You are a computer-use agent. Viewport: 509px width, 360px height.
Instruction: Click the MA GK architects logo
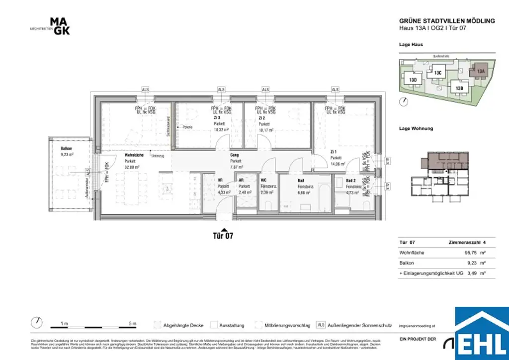59,26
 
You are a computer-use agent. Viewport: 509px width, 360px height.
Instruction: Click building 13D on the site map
413,80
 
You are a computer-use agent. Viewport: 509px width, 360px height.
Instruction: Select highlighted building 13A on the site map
480,71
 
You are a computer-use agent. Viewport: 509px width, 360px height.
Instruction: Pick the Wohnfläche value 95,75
470,253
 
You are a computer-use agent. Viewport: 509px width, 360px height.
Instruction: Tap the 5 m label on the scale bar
132,324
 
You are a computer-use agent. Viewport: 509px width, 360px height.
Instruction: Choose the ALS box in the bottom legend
321,325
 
